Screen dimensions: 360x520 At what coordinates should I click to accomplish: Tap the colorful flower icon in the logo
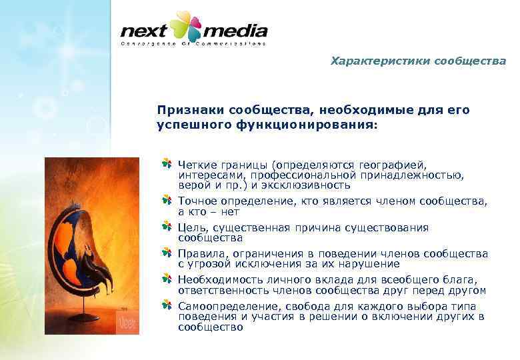tap(186, 27)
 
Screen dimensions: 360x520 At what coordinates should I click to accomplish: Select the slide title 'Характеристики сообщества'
tap(418, 61)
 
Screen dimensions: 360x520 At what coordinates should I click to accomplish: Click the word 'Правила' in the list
tap(201, 254)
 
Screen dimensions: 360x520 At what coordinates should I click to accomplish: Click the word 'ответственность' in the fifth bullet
tap(217, 290)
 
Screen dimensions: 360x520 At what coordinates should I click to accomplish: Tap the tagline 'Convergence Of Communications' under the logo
tap(193, 44)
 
